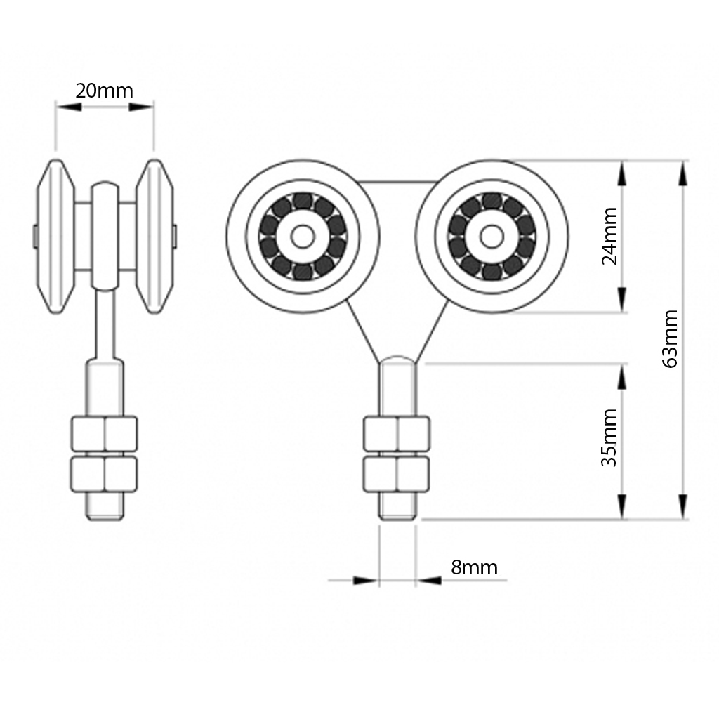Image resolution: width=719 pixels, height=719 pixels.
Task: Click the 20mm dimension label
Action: tap(104, 91)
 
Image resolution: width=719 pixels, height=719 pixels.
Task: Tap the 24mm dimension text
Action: tap(610, 235)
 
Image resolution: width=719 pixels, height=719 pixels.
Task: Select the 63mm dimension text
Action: tap(670, 338)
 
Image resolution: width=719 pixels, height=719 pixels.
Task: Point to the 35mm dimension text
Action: tap(609, 437)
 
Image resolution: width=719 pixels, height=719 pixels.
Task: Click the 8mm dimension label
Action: tap(474, 567)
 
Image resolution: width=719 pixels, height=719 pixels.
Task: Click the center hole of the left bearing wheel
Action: tap(303, 237)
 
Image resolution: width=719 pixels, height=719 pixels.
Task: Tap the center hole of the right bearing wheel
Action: tap(492, 237)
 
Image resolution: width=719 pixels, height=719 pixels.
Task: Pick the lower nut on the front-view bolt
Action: tap(397, 475)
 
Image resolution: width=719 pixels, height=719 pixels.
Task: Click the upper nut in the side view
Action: tap(104, 434)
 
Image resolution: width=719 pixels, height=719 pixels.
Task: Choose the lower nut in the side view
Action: tap(104, 475)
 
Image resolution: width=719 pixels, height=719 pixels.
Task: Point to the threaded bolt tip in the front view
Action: tap(397, 507)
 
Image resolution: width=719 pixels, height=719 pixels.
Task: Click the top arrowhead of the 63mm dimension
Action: tap(682, 173)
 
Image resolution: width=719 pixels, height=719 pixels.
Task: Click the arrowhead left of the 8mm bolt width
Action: tap(365, 581)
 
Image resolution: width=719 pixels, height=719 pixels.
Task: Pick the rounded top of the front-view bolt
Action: tap(397, 360)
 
